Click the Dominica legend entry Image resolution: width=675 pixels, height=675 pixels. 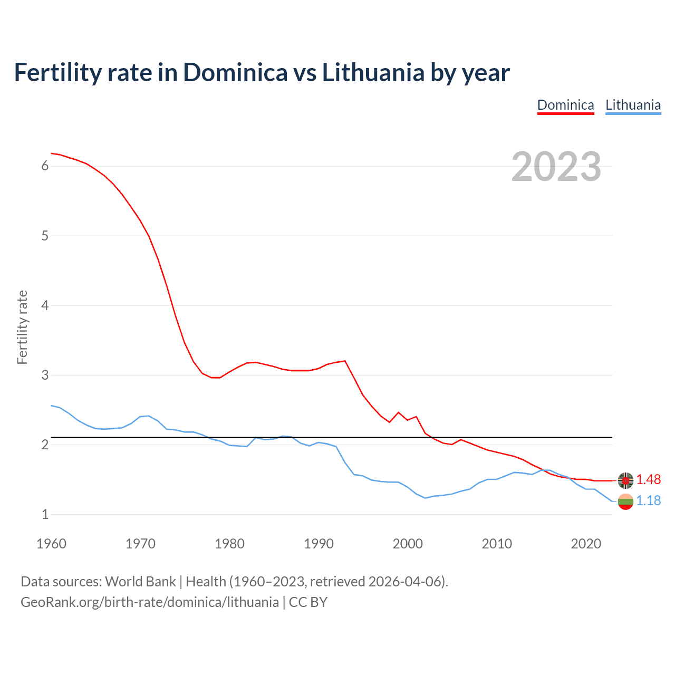pyautogui.click(x=565, y=105)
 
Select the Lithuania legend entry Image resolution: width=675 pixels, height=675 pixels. pyautogui.click(x=633, y=105)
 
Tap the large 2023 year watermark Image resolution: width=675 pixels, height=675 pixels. pyautogui.click(x=556, y=167)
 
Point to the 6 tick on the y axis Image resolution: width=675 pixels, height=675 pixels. pyautogui.click(x=45, y=166)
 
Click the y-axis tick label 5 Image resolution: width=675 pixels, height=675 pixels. pyautogui.click(x=45, y=236)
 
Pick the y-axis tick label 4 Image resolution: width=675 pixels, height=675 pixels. pyautogui.click(x=45, y=305)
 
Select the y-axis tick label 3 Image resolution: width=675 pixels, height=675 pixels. pyautogui.click(x=45, y=375)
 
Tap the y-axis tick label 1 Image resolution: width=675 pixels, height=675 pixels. pyautogui.click(x=45, y=514)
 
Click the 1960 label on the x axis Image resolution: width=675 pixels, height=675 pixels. pyautogui.click(x=51, y=544)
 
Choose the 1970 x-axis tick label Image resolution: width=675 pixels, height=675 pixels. pyautogui.click(x=140, y=544)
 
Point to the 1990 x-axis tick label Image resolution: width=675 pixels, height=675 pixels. pyautogui.click(x=319, y=544)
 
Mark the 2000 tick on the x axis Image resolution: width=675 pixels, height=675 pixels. pyautogui.click(x=408, y=544)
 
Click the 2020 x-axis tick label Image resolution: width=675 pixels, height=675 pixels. pyautogui.click(x=586, y=544)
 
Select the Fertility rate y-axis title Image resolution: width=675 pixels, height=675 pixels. pyautogui.click(x=22, y=327)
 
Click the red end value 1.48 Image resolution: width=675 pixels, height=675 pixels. pyautogui.click(x=648, y=479)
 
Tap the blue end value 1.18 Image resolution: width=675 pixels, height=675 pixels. pyautogui.click(x=648, y=500)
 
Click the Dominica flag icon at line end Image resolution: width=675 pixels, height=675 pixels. pyautogui.click(x=625, y=480)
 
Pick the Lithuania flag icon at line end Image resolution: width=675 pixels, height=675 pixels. pyautogui.click(x=625, y=502)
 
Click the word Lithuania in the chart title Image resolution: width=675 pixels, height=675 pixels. pyautogui.click(x=372, y=72)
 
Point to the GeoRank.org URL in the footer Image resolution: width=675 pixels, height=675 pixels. pyautogui.click(x=150, y=602)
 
